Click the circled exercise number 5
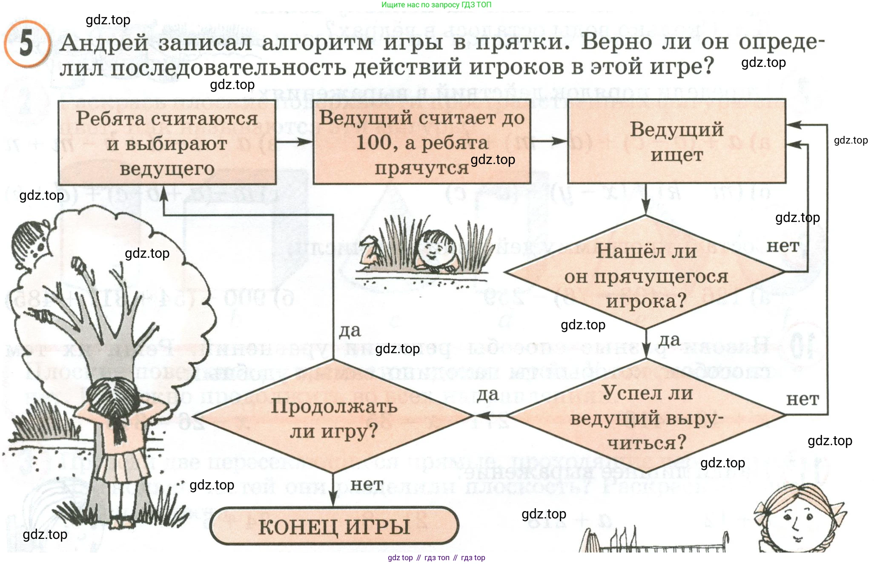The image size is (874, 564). [26, 43]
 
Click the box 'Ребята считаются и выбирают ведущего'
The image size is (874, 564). [167, 143]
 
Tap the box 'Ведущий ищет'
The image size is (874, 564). [676, 141]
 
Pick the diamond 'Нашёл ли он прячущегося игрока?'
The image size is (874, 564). [645, 273]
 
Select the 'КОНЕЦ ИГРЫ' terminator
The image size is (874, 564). [334, 526]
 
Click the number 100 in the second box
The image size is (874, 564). [373, 142]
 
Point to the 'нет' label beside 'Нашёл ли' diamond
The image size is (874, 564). [782, 246]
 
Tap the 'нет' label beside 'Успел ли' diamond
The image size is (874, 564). [802, 399]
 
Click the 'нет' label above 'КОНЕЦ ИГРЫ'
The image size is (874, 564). [367, 484]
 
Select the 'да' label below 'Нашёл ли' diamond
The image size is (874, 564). [669, 340]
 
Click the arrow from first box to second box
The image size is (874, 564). [295, 141]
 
